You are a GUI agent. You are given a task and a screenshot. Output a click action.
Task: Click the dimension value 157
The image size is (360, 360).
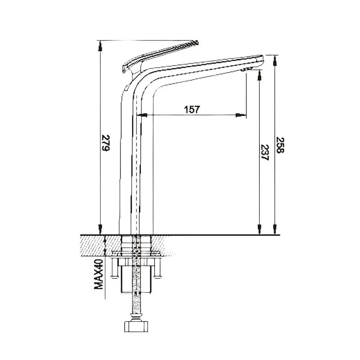point(192,109)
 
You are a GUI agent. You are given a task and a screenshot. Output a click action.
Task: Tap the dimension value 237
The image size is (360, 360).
point(265,153)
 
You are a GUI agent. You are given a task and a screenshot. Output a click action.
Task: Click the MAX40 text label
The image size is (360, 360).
point(100,276)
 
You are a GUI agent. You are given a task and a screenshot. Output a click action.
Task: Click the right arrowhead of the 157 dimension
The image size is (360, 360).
point(242,116)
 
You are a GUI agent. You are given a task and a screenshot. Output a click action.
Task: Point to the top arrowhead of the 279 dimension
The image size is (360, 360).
point(100,44)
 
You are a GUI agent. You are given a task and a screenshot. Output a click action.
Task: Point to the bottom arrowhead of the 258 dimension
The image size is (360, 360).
point(274,230)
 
